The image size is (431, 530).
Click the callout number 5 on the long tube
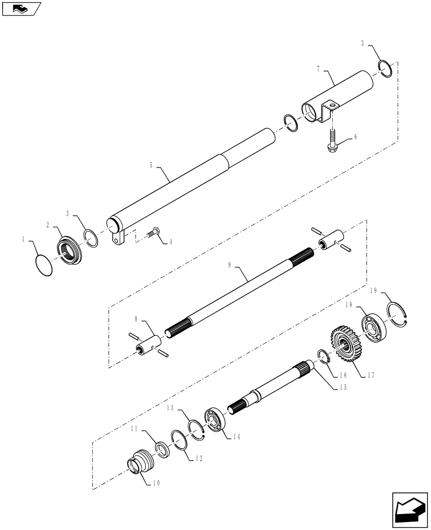click(x=152, y=166)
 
